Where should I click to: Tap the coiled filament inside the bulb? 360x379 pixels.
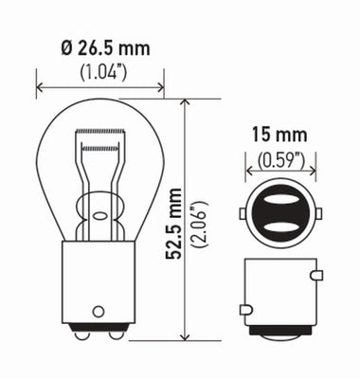100,133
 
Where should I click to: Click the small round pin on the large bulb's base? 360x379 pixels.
99,309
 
